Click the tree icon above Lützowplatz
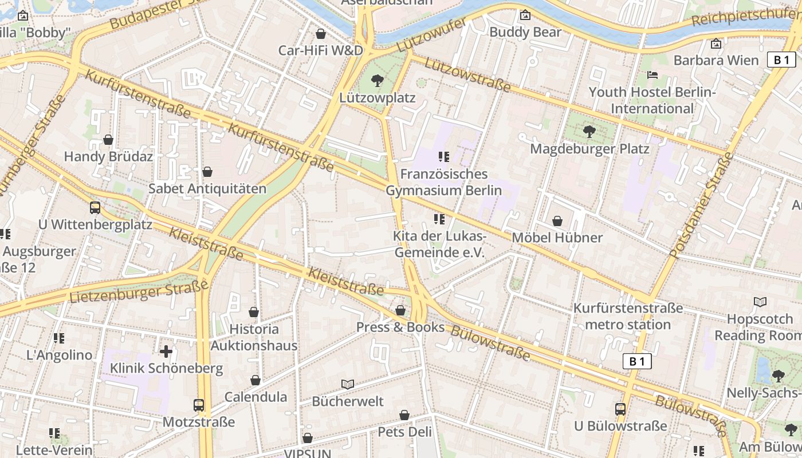tap(377, 80)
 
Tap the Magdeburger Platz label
tap(589, 149)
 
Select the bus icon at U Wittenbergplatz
tap(95, 207)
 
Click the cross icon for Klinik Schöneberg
tap(166, 351)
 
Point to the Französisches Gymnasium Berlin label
tap(444, 182)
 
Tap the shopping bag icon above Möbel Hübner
tap(557, 221)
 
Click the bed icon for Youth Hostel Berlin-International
tap(652, 75)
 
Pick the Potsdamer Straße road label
tap(701, 204)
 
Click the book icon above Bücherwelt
tap(347, 384)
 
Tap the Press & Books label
tap(400, 327)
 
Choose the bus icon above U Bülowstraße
tap(620, 409)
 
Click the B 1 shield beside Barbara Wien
tap(781, 60)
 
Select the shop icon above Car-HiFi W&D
tap(321, 34)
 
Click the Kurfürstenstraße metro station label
tap(628, 317)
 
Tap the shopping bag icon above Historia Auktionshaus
tap(254, 312)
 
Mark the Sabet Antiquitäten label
tap(207, 188)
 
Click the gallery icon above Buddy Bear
tap(525, 15)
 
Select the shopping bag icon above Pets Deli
tap(404, 415)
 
